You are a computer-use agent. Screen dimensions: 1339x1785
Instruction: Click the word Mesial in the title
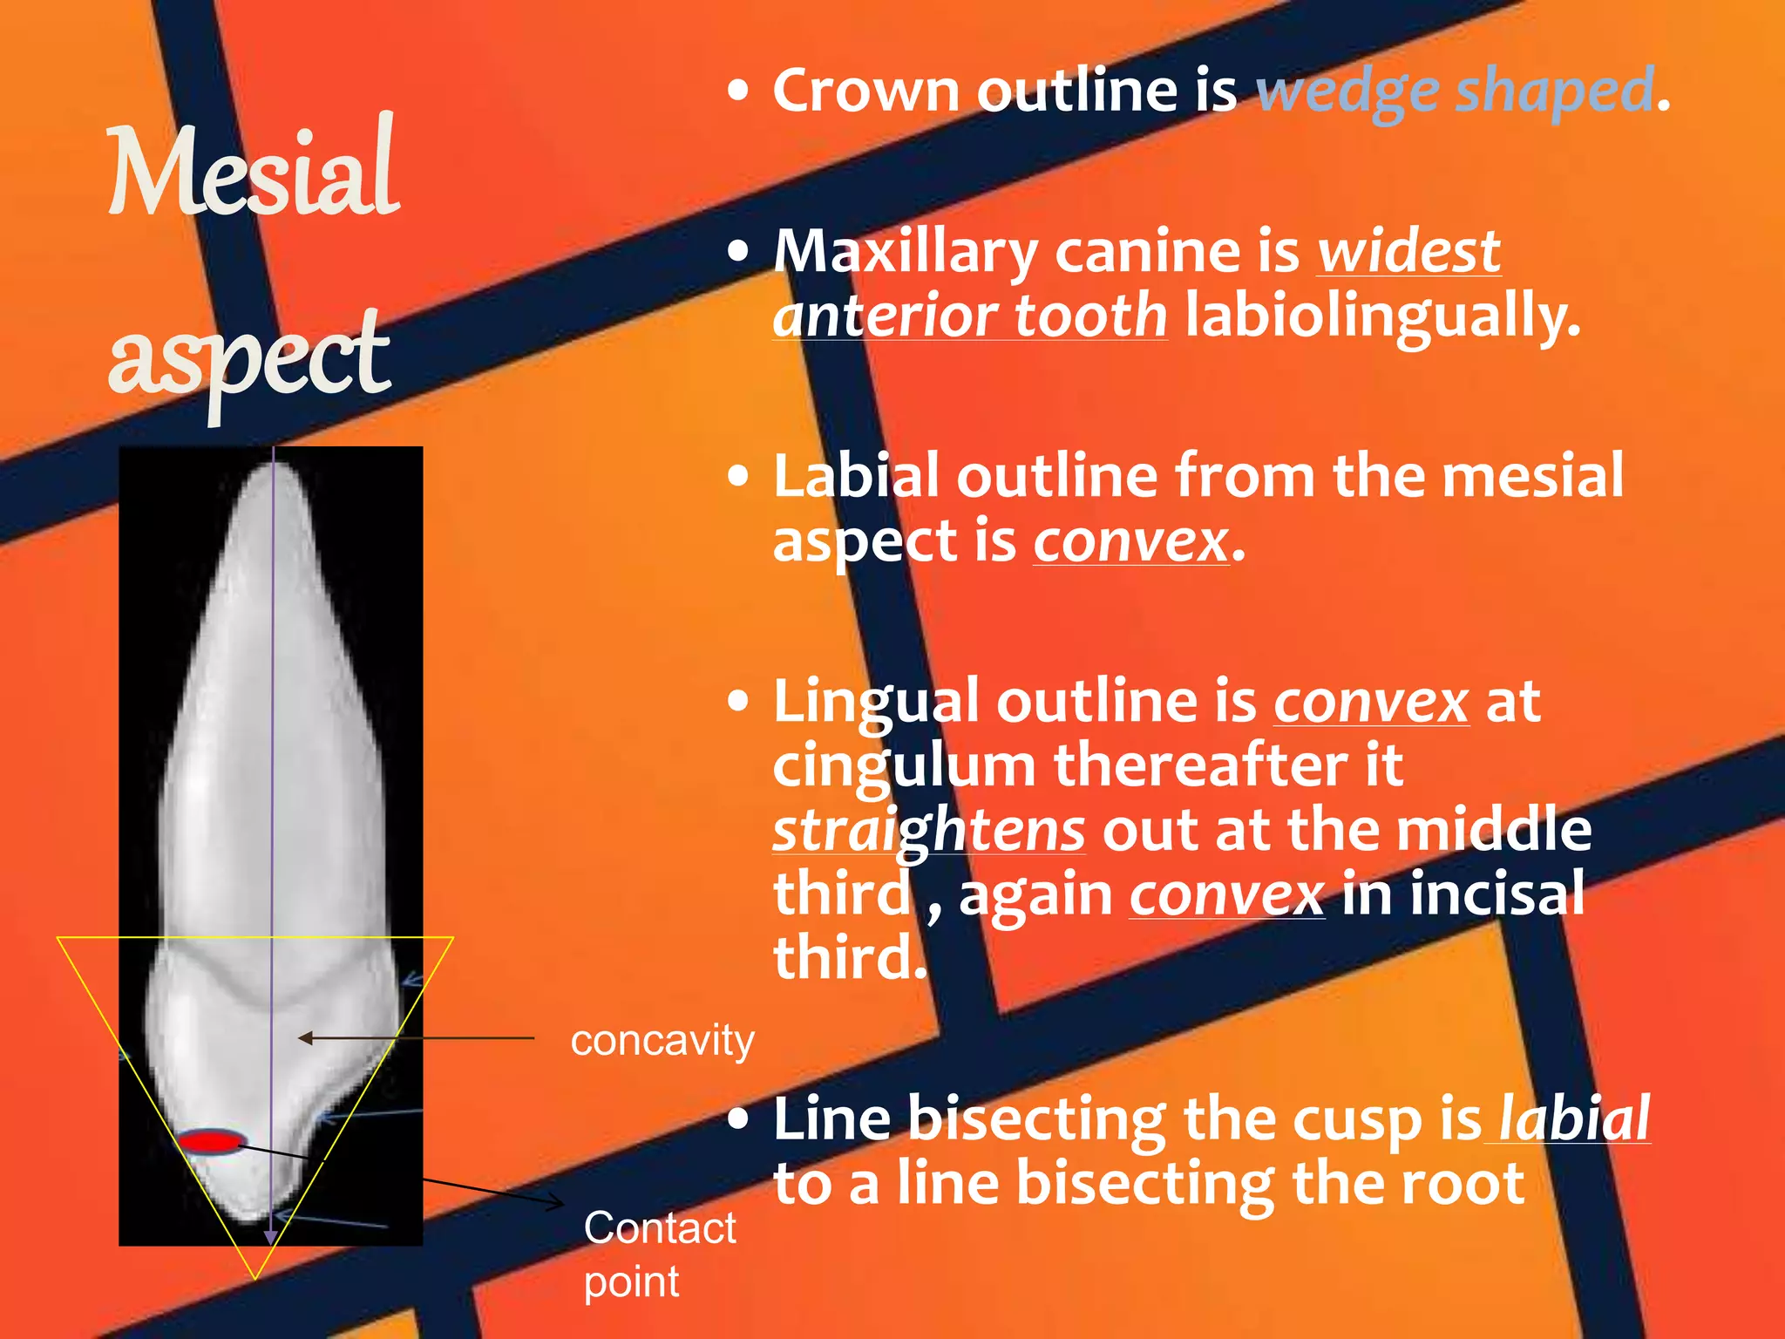coord(253,170)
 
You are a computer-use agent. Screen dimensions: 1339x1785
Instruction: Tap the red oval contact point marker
coord(210,1141)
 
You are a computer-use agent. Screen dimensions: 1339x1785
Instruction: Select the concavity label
coord(662,1041)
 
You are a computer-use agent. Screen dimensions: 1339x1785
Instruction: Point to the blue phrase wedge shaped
coord(1455,91)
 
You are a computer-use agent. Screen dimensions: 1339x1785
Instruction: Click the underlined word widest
coord(1408,252)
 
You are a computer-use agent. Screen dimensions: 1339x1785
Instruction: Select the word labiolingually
coord(1382,316)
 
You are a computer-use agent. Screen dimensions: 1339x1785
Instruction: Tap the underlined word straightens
coord(929,830)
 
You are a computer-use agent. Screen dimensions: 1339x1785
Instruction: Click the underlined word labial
coord(1574,1118)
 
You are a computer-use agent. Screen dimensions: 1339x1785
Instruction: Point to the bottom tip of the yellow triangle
coord(255,1278)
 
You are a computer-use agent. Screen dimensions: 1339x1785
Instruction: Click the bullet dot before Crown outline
coord(738,91)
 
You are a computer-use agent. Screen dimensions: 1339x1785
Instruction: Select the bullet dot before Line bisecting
coord(738,1119)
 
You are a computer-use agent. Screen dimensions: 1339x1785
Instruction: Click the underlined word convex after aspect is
coord(1130,542)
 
